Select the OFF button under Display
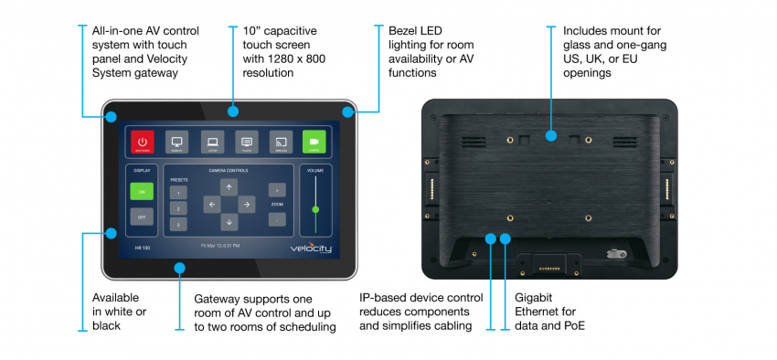(x=142, y=218)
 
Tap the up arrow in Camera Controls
(x=229, y=187)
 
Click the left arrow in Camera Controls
(x=211, y=205)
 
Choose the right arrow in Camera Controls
(x=246, y=205)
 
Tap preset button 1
(x=179, y=194)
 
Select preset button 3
(x=179, y=224)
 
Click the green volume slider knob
(x=315, y=209)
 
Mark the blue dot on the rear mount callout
(x=550, y=136)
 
